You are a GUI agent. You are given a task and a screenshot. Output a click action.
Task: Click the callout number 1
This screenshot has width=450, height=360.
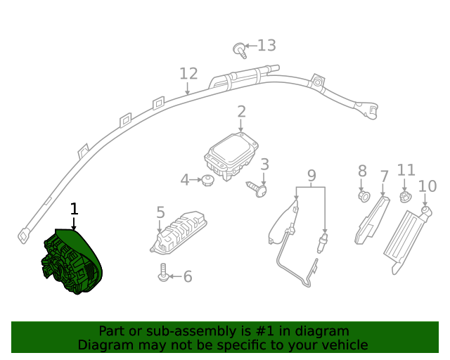tap(74, 209)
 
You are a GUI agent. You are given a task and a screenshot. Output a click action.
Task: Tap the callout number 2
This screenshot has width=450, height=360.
tap(241, 112)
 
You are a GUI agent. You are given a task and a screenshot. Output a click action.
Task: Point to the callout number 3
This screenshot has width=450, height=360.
tap(264, 165)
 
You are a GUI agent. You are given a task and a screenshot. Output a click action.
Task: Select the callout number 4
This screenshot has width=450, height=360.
tap(185, 181)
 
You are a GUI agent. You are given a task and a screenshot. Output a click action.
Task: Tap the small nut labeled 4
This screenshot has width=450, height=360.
tap(207, 181)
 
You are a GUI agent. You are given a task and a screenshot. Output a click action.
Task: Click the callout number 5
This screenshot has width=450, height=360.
tap(160, 212)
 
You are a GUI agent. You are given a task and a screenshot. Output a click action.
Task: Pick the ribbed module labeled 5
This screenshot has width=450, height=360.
tap(177, 231)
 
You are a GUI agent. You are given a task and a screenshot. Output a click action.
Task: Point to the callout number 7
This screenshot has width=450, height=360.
tap(384, 176)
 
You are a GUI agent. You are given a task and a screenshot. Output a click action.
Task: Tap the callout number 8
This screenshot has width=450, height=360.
tap(363, 171)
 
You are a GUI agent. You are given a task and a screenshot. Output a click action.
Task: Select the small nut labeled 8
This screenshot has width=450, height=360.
tap(364, 195)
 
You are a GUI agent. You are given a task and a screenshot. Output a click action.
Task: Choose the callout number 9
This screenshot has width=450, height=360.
tap(311, 175)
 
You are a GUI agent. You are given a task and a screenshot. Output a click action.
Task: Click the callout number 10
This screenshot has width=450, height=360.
tap(427, 186)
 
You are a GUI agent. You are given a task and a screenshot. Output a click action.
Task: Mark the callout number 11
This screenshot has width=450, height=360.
tap(406, 170)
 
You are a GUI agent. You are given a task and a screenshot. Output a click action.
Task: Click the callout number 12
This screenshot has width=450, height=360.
tap(188, 74)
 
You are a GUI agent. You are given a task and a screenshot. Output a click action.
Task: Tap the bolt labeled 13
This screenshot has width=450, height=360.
tap(239, 49)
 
